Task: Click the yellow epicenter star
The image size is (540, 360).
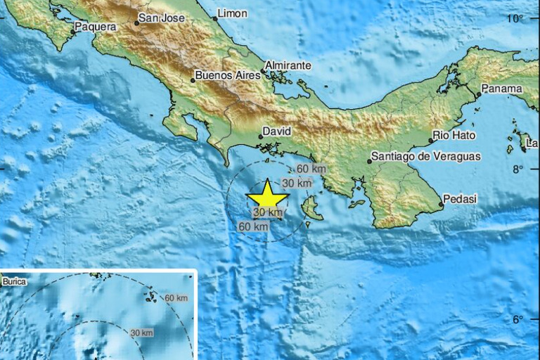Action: click(x=267, y=195)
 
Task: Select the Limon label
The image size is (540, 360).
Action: click(x=232, y=13)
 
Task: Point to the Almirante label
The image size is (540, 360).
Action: click(x=288, y=65)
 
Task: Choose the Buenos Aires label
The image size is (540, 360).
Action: click(x=224, y=75)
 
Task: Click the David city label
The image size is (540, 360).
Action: click(x=276, y=131)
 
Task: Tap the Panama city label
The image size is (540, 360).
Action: click(x=503, y=89)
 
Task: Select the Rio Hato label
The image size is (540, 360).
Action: click(x=454, y=135)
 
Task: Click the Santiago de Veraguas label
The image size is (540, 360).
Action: click(x=426, y=157)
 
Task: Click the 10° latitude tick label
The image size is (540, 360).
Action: click(x=518, y=19)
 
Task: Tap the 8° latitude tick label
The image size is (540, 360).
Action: click(x=518, y=169)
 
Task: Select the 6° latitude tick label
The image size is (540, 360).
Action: click(x=518, y=320)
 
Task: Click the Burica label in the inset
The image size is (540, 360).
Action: click(x=14, y=282)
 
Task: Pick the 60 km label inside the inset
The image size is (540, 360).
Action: click(x=176, y=298)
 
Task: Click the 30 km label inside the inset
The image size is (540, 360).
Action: click(x=141, y=333)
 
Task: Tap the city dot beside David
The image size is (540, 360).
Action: click(x=260, y=136)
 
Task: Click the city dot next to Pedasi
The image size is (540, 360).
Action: click(x=442, y=205)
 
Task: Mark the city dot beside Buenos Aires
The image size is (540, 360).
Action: click(x=193, y=80)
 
